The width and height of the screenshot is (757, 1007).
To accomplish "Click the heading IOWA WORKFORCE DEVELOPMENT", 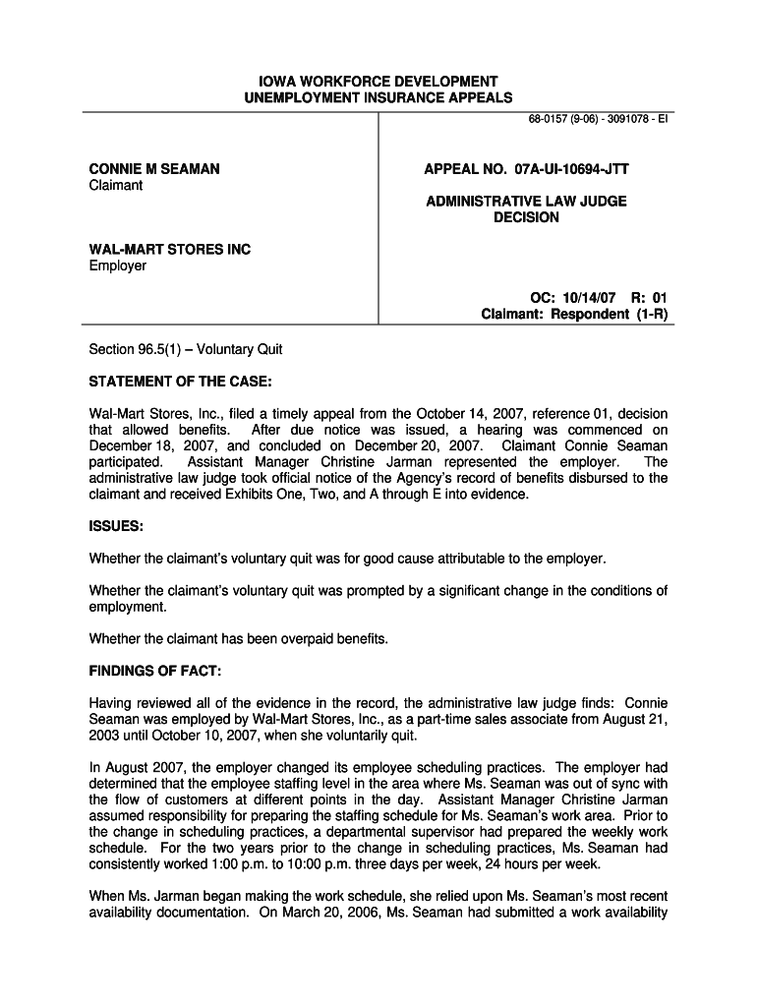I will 378,81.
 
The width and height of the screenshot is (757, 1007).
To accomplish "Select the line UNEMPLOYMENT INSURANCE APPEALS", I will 378,97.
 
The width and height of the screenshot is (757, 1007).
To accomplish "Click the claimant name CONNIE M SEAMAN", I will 154,169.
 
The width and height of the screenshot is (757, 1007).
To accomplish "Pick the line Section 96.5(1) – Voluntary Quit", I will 186,349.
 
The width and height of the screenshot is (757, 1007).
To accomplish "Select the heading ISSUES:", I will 117,526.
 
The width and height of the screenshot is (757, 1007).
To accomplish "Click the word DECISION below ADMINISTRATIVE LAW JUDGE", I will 526,217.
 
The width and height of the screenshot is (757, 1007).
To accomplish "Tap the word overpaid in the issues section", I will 303,638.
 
